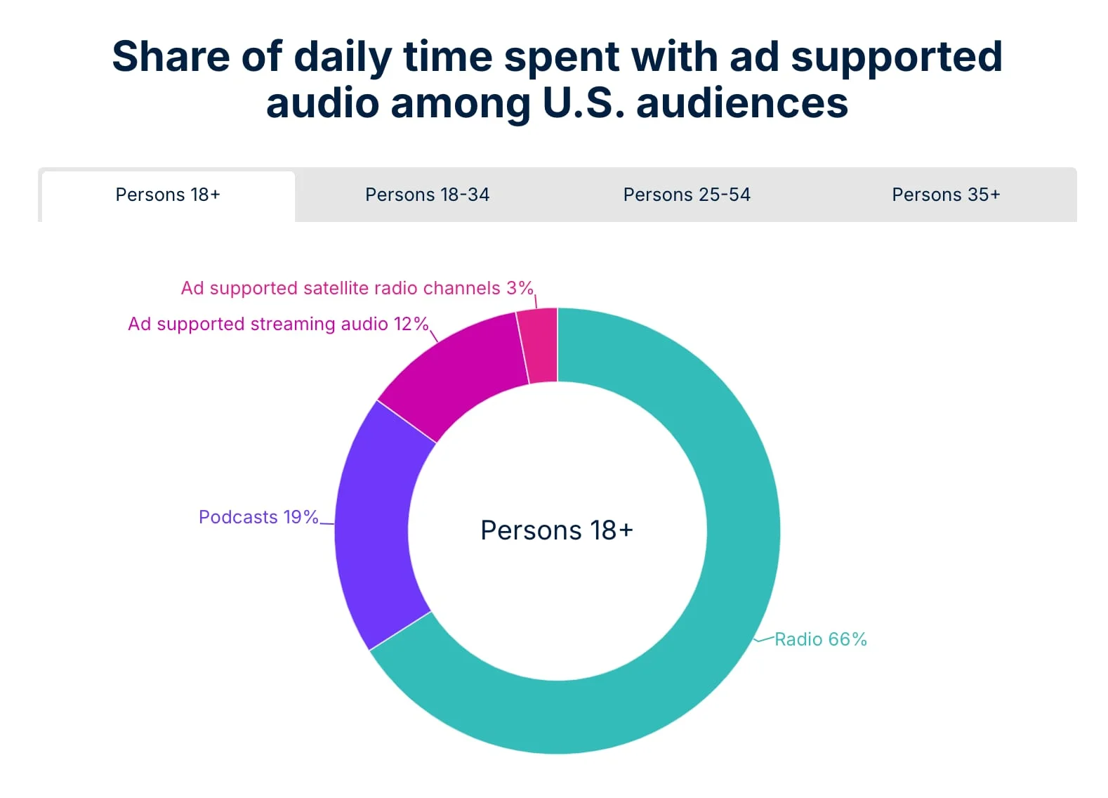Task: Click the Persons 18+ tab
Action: click(x=168, y=195)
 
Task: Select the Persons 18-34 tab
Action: click(x=427, y=195)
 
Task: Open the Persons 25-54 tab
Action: click(x=687, y=195)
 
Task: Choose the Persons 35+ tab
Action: click(x=946, y=195)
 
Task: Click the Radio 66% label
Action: click(x=821, y=639)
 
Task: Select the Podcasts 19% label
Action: click(x=258, y=517)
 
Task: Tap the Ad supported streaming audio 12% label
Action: click(x=278, y=324)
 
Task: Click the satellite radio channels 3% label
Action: click(x=357, y=288)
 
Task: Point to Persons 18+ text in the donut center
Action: click(x=557, y=530)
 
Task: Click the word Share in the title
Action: click(x=171, y=56)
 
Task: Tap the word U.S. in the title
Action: click(x=583, y=103)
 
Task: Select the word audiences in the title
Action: click(x=742, y=103)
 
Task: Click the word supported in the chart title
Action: click(x=897, y=56)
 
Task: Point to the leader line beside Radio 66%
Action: click(x=764, y=639)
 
